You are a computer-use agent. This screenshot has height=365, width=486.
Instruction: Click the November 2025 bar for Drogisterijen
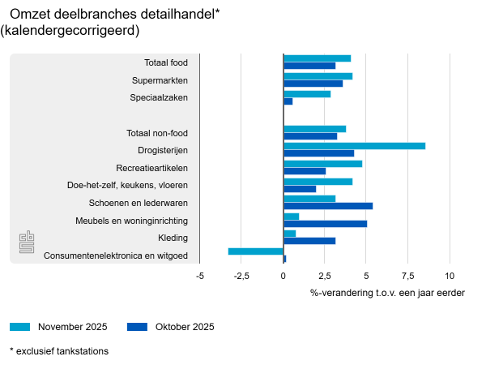pyautogui.click(x=354, y=146)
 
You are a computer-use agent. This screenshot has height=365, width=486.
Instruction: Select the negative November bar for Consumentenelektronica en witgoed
pyautogui.click(x=256, y=251)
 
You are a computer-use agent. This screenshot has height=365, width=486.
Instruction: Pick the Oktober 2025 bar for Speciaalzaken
pyautogui.click(x=288, y=101)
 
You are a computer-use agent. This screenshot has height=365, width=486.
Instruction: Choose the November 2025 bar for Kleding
pyautogui.click(x=290, y=234)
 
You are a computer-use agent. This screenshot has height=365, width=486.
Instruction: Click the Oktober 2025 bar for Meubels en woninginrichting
pyautogui.click(x=325, y=224)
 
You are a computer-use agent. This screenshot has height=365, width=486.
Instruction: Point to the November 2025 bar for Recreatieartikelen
pyautogui.click(x=322, y=164)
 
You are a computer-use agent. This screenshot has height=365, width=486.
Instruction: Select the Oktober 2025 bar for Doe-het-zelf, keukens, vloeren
pyautogui.click(x=300, y=189)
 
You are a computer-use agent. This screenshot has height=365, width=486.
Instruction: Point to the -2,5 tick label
pyautogui.click(x=241, y=276)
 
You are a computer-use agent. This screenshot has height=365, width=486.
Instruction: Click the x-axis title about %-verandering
pyautogui.click(x=387, y=292)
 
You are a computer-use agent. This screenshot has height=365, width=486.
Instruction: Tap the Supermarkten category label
pyautogui.click(x=160, y=80)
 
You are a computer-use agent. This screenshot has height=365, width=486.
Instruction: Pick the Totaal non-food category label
pyautogui.click(x=158, y=133)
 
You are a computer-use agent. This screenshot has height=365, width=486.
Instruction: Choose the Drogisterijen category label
pyautogui.click(x=164, y=150)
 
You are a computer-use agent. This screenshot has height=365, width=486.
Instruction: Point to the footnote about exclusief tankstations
pyautogui.click(x=59, y=351)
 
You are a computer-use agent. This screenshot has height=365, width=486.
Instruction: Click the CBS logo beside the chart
pyautogui.click(x=28, y=241)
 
